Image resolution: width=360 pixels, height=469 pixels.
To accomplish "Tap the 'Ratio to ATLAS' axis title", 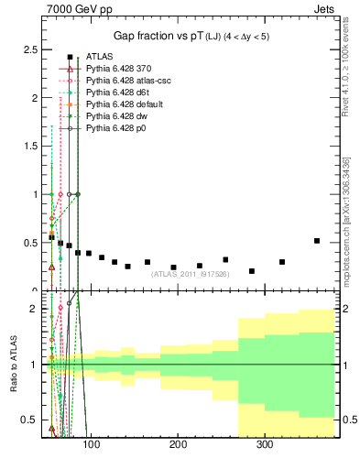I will (x=14, y=365).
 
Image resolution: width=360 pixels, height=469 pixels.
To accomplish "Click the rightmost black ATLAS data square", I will (x=317, y=241).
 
